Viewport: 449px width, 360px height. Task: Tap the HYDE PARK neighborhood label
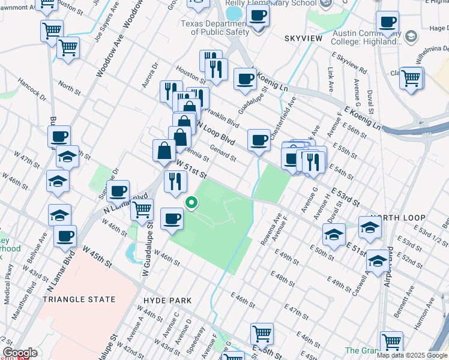167,301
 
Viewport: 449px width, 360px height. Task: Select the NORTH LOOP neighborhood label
398,218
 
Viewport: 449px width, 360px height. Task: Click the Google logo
19,353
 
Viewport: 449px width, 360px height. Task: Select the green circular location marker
191,203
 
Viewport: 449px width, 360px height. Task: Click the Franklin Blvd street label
223,118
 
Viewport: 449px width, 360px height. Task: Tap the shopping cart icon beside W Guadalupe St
142,209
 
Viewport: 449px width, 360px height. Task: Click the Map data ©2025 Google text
412,355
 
